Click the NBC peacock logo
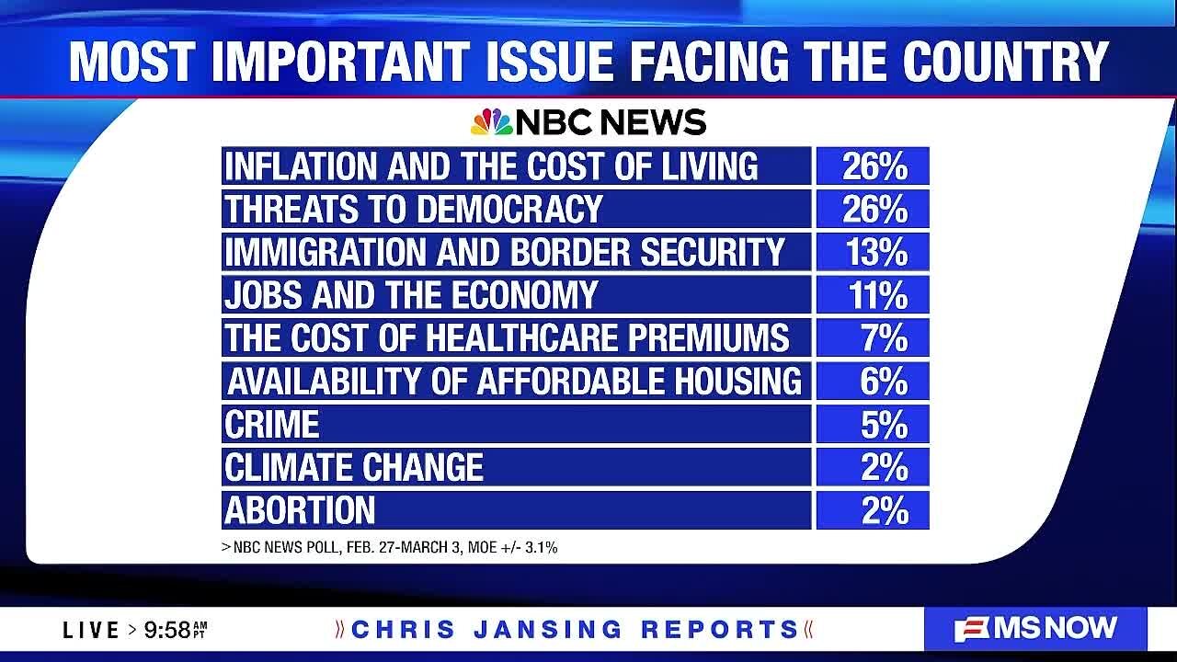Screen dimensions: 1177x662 491,122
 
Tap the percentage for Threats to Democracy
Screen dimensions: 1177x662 874,209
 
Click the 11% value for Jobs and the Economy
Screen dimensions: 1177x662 877,295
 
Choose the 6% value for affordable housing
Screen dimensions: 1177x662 884,381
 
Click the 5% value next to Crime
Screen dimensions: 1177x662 885,424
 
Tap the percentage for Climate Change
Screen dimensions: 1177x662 885,467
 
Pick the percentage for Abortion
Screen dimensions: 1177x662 885,510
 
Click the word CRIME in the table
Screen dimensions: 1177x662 271,424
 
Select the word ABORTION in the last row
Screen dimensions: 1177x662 300,510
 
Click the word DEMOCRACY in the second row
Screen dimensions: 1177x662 509,209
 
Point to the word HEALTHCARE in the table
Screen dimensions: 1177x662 521,337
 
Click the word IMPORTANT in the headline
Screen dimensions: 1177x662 340,62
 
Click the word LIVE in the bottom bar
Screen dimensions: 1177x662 91,630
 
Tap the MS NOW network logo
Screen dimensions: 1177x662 1035,629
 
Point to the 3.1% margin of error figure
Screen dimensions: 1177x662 542,547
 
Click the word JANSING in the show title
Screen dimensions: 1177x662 547,630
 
